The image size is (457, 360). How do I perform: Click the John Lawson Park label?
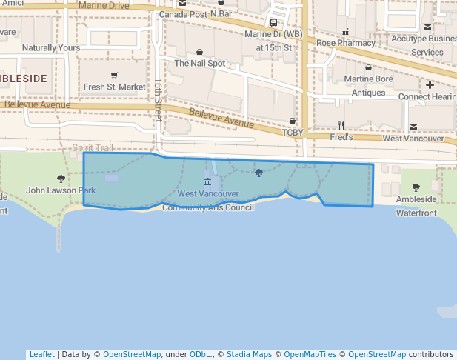pyautogui.click(x=61, y=190)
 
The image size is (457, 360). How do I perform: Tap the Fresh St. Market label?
pyautogui.click(x=115, y=87)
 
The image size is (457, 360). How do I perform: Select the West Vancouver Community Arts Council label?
pyautogui.click(x=208, y=200)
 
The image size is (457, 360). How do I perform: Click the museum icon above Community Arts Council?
pyautogui.click(x=207, y=182)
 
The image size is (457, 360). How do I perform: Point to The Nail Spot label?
pyautogui.click(x=200, y=63)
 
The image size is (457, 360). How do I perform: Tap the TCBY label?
pyautogui.click(x=293, y=133)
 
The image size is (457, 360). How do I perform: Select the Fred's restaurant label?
pyautogui.click(x=341, y=137)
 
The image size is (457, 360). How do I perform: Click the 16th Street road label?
pyautogui.click(x=158, y=99)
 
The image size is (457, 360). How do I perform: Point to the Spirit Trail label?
pyautogui.click(x=93, y=148)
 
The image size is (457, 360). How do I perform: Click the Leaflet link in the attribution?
pyautogui.click(x=41, y=354)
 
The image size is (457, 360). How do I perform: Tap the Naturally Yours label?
pyautogui.click(x=50, y=47)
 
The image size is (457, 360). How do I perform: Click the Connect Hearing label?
pyautogui.click(x=427, y=96)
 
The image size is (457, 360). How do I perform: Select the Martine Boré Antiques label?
pyautogui.click(x=368, y=85)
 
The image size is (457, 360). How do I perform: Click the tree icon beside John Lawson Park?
pyautogui.click(x=61, y=179)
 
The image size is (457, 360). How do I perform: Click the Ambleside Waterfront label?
pyautogui.click(x=416, y=206)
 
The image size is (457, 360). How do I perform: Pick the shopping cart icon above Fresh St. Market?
pyautogui.click(x=114, y=75)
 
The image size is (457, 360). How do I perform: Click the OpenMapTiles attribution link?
pyautogui.click(x=310, y=354)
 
